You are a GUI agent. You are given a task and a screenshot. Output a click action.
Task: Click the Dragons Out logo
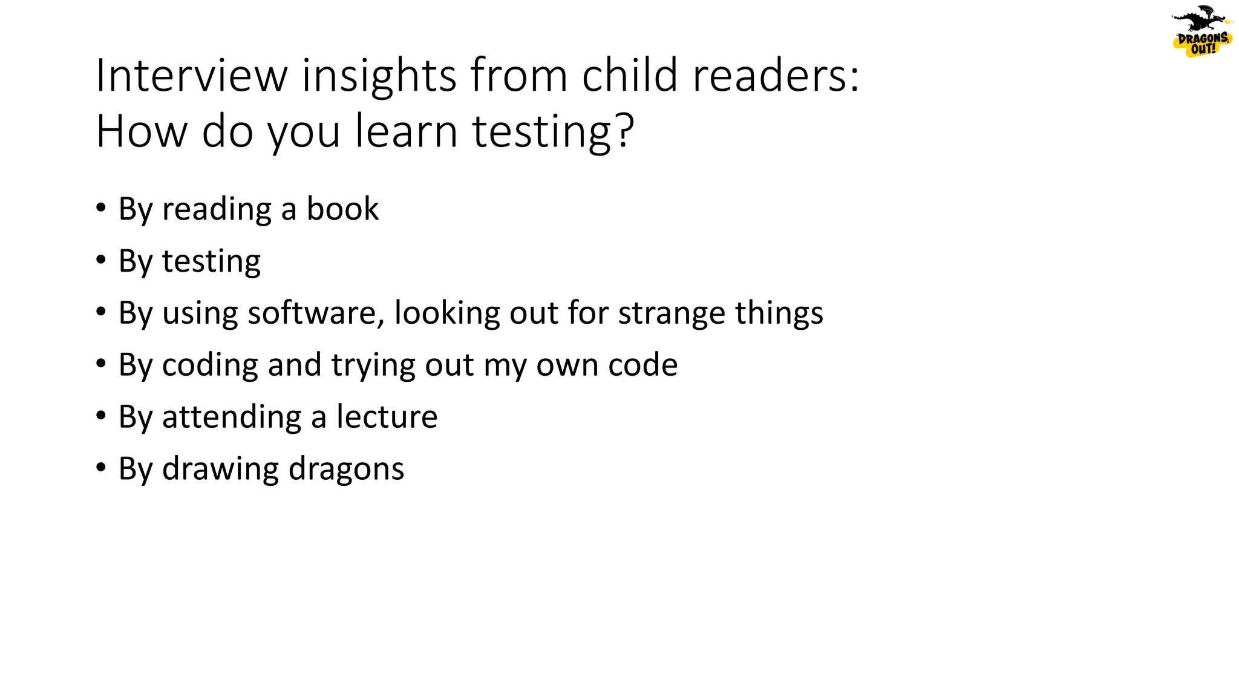[1201, 31]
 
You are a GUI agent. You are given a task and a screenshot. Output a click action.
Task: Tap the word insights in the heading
[379, 76]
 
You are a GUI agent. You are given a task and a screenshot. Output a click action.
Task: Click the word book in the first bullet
[342, 209]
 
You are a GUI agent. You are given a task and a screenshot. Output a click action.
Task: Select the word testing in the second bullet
[211, 261]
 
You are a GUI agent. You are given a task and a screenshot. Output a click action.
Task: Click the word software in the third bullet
[315, 313]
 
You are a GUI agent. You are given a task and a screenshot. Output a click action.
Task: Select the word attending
[232, 417]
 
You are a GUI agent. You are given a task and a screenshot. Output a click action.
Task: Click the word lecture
[387, 417]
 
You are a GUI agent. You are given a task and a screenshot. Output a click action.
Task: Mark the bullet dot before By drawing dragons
[100, 468]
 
